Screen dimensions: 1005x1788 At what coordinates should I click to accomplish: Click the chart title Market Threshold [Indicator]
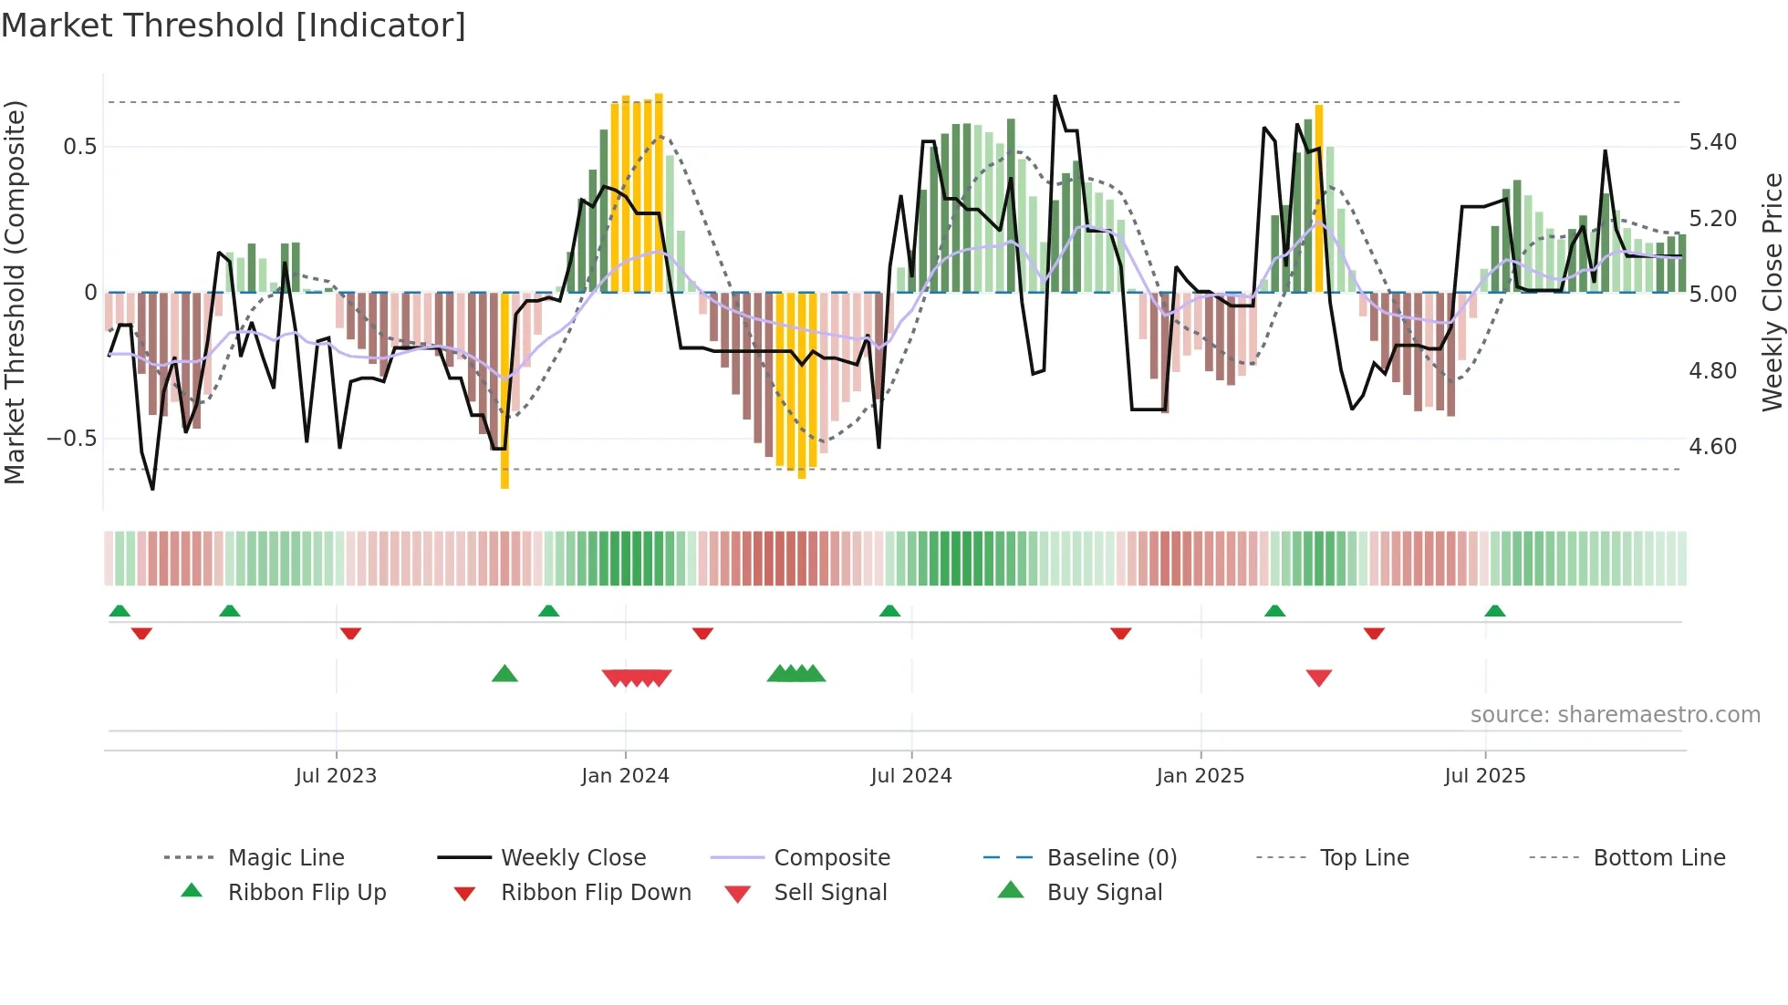click(x=234, y=26)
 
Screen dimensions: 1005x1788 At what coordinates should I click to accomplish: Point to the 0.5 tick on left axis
click(x=79, y=147)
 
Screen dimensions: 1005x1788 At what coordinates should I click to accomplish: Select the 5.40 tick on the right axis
click(x=1712, y=142)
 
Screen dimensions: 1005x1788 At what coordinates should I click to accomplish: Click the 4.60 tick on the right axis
click(x=1712, y=447)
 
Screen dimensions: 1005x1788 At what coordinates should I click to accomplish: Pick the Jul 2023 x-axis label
click(x=336, y=776)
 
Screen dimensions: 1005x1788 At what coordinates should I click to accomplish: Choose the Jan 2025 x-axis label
click(x=1200, y=776)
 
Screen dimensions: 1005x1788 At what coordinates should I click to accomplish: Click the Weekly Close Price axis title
click(x=1772, y=292)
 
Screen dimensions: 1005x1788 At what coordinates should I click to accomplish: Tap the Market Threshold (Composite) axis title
click(x=15, y=292)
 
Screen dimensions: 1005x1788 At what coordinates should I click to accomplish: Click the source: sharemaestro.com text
click(x=1615, y=715)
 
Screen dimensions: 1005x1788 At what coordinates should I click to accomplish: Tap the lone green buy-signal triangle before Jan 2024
click(x=504, y=674)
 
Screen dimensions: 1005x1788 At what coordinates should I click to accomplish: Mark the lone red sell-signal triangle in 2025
click(x=1319, y=678)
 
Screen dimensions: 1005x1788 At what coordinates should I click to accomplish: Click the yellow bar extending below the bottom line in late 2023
click(x=504, y=392)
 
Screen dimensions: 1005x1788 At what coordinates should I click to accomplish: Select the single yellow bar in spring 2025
click(x=1318, y=199)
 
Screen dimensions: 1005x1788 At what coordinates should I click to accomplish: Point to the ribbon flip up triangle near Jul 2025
click(x=1494, y=611)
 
